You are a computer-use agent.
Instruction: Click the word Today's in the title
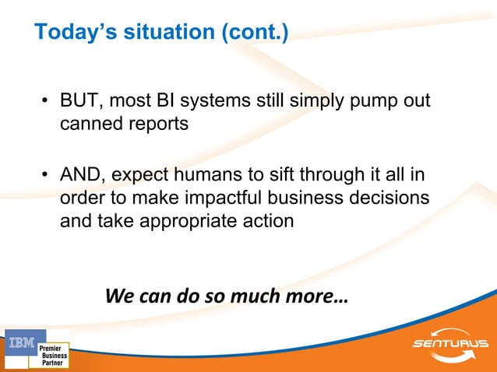tap(69, 33)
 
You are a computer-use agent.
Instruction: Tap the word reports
tap(160, 125)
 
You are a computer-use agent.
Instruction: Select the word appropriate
tap(190, 220)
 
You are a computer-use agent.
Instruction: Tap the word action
tap(266, 220)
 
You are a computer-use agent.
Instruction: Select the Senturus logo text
tap(450, 343)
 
